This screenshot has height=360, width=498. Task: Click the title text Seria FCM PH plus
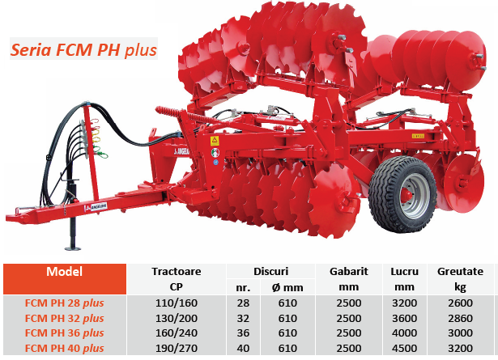[84, 49]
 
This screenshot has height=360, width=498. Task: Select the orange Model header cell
[65, 279]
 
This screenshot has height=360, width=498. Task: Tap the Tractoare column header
[177, 272]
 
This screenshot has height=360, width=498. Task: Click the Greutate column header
[460, 272]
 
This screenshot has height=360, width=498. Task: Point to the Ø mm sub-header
[287, 288]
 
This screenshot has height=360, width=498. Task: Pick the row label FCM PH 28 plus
[65, 303]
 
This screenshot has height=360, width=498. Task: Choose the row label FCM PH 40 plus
[65, 348]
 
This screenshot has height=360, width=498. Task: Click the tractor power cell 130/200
[177, 318]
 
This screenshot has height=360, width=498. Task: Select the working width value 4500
[404, 348]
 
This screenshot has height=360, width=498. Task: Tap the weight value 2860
[460, 318]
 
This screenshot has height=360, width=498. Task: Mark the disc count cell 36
[243, 333]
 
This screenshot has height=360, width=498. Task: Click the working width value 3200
[404, 303]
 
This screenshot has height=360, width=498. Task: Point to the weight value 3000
[460, 333]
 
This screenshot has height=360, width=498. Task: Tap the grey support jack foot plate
[73, 248]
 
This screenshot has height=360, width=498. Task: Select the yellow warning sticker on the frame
[215, 141]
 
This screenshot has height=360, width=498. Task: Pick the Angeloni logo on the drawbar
[96, 207]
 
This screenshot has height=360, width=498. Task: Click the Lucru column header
[404, 272]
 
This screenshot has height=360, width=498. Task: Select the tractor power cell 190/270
[177, 348]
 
